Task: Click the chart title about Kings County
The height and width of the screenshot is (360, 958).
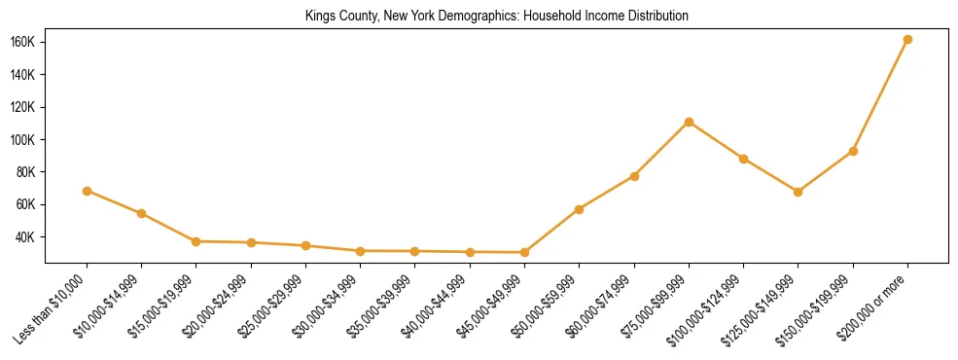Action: tap(496, 16)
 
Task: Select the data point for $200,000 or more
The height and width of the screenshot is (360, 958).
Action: tap(907, 39)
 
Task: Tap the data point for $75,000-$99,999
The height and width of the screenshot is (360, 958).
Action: tap(689, 122)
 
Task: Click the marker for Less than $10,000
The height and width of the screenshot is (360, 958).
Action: tap(88, 191)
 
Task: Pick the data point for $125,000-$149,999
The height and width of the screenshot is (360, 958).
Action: tap(798, 192)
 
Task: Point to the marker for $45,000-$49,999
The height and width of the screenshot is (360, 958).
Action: tap(524, 252)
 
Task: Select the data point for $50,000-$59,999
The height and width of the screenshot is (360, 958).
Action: tap(579, 209)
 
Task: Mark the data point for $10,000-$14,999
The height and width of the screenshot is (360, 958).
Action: tap(142, 213)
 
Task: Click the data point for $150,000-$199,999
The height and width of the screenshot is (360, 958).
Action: tap(853, 151)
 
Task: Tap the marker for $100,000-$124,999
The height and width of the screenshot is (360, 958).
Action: tap(743, 159)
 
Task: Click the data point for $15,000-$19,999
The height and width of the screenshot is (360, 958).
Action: tap(196, 241)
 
